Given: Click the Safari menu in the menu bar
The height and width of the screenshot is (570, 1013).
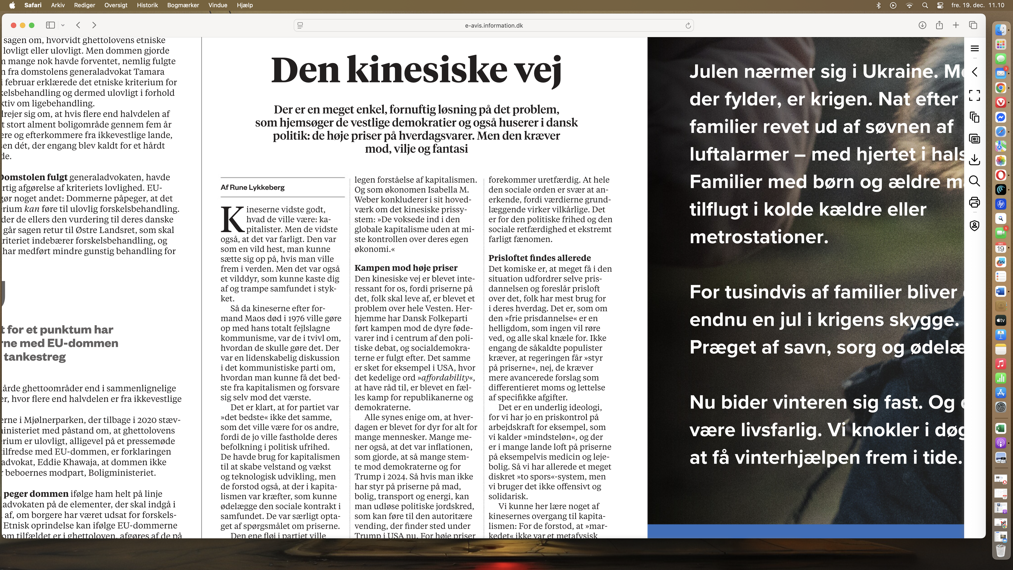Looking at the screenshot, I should [x=33, y=5].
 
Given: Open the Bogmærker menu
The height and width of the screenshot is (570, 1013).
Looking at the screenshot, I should [x=183, y=5].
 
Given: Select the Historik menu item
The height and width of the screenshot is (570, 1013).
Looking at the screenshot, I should [x=147, y=5].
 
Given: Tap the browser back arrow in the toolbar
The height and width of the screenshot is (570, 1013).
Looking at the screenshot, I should [x=78, y=25].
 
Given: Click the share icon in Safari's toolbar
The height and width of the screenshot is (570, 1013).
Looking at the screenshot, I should [x=939, y=25].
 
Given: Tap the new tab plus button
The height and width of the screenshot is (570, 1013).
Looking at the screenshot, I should [x=956, y=25].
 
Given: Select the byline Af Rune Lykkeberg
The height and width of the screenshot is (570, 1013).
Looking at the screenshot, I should [x=253, y=187].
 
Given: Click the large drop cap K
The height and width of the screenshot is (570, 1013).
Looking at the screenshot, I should [x=232, y=219].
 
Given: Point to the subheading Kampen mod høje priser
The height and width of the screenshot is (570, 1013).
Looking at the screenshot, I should [x=406, y=268].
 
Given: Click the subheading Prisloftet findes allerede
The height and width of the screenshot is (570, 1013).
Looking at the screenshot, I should [x=540, y=258].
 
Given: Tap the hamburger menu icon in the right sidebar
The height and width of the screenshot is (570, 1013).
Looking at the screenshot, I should [x=975, y=48].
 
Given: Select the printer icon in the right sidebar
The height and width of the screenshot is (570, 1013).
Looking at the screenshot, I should [x=975, y=203].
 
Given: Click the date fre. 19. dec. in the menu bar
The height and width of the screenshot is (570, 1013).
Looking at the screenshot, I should [x=967, y=5].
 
